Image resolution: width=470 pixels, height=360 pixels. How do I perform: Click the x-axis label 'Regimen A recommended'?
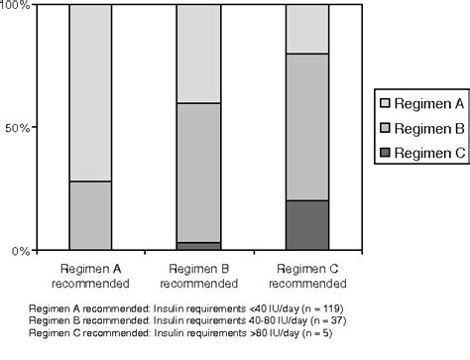coord(90,275)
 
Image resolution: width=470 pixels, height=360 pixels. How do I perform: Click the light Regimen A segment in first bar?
coord(90,93)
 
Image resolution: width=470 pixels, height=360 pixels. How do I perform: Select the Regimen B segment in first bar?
coord(90,216)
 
